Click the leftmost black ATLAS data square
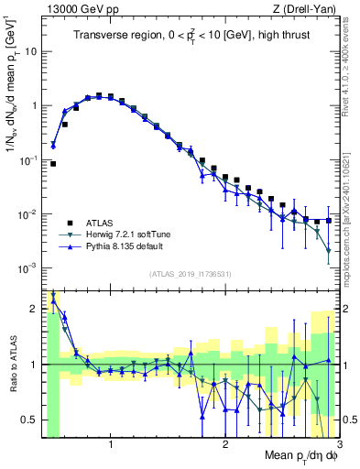coord(53,164)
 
